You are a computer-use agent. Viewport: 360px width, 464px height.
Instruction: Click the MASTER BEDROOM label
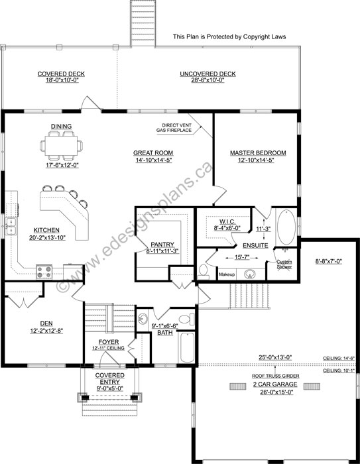tap(258, 152)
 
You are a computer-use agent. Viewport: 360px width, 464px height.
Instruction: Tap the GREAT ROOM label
tap(153, 152)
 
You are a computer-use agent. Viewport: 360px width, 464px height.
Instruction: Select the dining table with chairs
tap(61, 146)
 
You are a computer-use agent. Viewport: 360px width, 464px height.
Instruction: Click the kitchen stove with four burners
tap(44, 272)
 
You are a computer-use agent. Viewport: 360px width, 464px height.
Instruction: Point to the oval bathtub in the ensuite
tap(286, 227)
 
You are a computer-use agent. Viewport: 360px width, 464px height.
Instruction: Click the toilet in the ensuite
tap(204, 272)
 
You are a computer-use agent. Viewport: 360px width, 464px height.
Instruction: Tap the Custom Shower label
tap(284, 264)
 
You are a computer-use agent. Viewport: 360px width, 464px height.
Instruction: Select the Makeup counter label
tap(227, 274)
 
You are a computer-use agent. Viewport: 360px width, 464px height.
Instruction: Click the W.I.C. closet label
tap(227, 221)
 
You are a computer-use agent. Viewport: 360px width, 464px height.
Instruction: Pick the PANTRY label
tap(162, 245)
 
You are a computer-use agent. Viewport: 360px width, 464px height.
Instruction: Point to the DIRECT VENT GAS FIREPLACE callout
tap(174, 127)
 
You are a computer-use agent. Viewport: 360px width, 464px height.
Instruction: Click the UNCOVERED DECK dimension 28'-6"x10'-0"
tap(208, 80)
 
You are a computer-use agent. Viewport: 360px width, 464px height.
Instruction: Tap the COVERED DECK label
tap(61, 74)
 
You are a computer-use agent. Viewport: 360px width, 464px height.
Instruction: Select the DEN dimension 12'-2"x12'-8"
tap(46, 331)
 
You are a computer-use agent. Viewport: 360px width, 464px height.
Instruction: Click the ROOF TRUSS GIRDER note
tap(275, 376)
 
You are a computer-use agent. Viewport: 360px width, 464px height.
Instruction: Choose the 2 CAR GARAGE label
tap(275, 384)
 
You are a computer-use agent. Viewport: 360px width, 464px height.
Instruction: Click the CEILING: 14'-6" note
tap(339, 359)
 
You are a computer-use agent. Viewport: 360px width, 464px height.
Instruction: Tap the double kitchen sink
tap(11, 227)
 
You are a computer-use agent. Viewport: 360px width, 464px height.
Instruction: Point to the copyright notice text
tap(229, 36)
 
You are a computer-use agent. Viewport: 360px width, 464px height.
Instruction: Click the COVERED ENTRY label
tap(110, 378)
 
